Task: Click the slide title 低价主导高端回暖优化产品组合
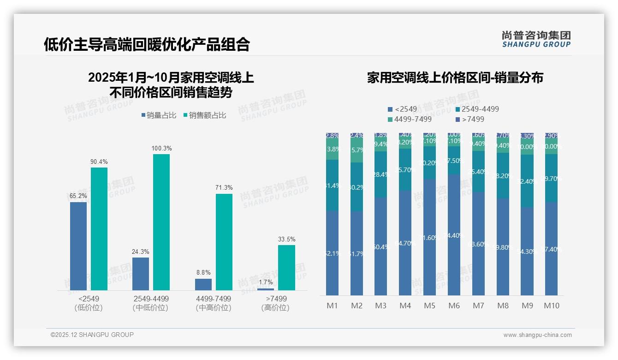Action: coord(147,44)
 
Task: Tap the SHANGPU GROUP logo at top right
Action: coord(536,39)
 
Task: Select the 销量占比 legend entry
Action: coord(159,115)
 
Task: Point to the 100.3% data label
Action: coord(161,148)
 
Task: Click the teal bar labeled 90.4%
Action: coord(99,228)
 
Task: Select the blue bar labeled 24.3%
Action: coord(141,274)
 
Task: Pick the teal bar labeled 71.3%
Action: coord(224,242)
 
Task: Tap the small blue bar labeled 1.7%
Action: coord(266,289)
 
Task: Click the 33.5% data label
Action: coord(286,239)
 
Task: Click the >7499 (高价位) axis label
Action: coord(276,303)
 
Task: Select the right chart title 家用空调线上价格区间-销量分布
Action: coord(455,78)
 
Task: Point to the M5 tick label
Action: coord(429,306)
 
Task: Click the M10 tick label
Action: coord(551,306)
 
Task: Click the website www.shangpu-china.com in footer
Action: coord(537,335)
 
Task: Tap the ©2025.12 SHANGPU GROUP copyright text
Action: coord(92,335)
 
